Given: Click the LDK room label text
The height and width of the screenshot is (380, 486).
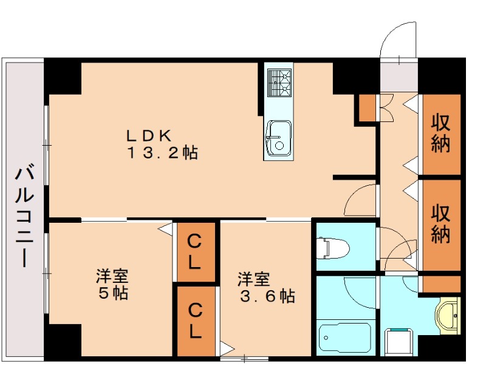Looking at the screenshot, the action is [x=148, y=135].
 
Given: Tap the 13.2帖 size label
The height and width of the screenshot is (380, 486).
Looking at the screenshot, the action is [x=162, y=152].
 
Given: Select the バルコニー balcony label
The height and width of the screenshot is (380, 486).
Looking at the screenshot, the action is [x=24, y=217].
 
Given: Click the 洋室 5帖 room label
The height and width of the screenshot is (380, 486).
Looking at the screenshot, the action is [x=112, y=284].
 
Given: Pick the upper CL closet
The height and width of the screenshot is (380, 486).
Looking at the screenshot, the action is [x=196, y=252].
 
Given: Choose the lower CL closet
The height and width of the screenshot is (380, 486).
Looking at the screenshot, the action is [x=196, y=321].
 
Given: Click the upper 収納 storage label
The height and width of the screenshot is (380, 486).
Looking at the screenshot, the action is [x=441, y=133].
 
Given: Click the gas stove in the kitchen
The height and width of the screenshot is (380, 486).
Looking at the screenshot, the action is [x=279, y=83].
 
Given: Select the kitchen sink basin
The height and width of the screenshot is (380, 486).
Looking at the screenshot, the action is [x=279, y=138].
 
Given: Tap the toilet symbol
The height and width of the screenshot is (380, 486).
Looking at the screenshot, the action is [x=333, y=248].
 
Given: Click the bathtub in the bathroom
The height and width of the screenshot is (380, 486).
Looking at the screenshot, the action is [x=344, y=339].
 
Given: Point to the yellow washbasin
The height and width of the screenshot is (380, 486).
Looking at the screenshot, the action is [x=448, y=315].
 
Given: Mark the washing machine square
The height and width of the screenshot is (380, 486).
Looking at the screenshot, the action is [x=399, y=342].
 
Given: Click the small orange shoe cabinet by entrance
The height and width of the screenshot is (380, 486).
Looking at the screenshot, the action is [x=368, y=108].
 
